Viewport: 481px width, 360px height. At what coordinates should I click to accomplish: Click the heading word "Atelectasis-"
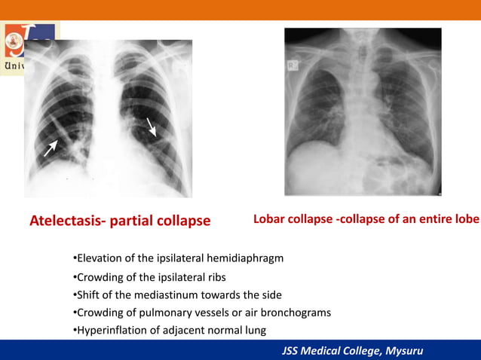[68, 221]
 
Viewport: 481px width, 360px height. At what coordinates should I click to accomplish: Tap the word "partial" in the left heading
[135, 221]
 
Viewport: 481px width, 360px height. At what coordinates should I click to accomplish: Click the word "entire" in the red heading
[430, 219]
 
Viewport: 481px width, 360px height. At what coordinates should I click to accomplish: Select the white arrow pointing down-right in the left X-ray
[152, 126]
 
